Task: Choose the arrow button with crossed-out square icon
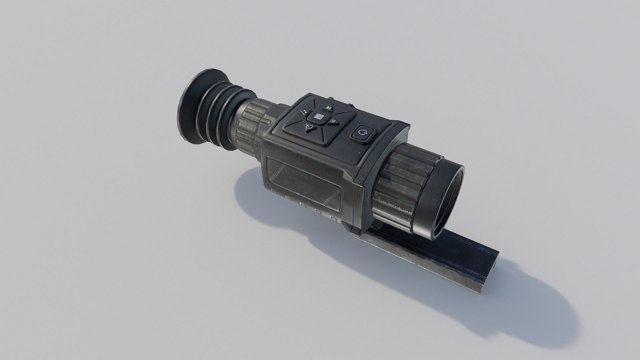pyautogui.click(x=309, y=127)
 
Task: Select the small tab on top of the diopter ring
pyautogui.click(x=265, y=123)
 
